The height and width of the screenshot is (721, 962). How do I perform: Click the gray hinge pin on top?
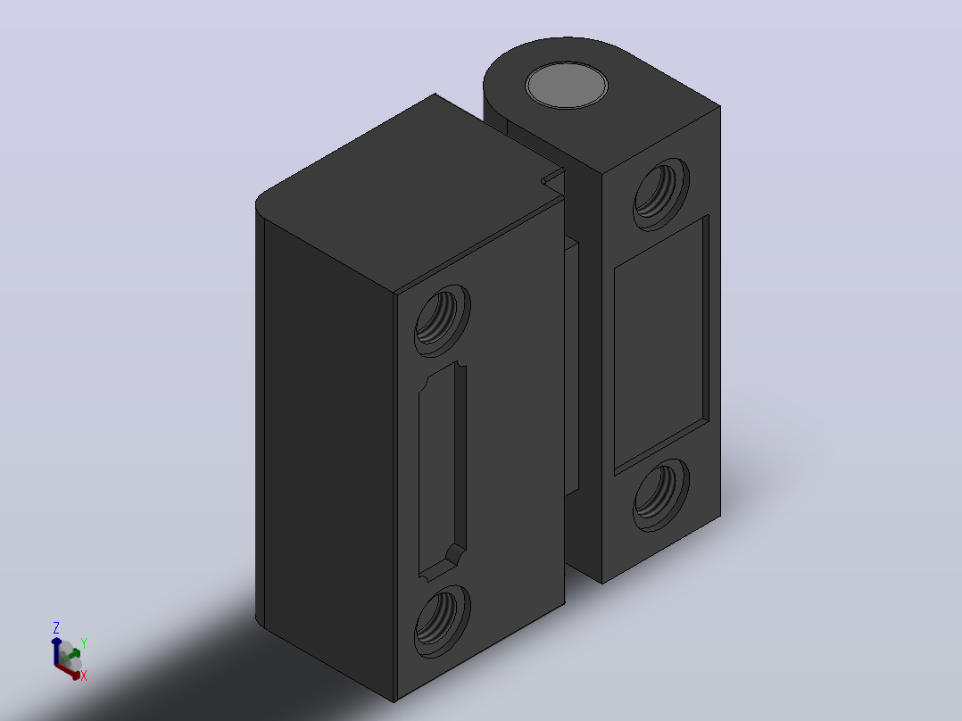tap(567, 85)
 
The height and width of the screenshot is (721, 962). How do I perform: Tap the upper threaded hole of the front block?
tap(442, 319)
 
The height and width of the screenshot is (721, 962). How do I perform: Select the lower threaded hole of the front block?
tap(442, 621)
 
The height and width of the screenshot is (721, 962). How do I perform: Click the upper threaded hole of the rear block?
tap(660, 194)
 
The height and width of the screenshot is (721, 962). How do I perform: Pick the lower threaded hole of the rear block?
tap(660, 494)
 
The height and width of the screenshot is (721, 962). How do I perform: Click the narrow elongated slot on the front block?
tap(442, 470)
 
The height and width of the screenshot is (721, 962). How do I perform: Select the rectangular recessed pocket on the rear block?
tap(661, 344)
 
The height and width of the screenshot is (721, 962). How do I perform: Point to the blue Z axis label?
tap(56, 627)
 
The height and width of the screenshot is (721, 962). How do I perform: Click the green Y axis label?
tap(84, 643)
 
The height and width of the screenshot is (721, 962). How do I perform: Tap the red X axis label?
tap(84, 675)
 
